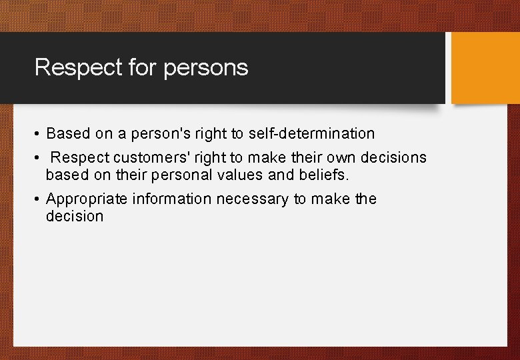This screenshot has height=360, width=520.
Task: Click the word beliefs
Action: pyautogui.click(x=324, y=175)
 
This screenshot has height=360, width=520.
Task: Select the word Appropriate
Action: pyautogui.click(x=87, y=199)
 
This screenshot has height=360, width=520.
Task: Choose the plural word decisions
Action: pyautogui.click(x=393, y=158)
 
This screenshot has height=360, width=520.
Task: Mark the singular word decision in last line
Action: pyautogui.click(x=75, y=216)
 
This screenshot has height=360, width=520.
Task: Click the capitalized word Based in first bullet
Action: pyautogui.click(x=69, y=133)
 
